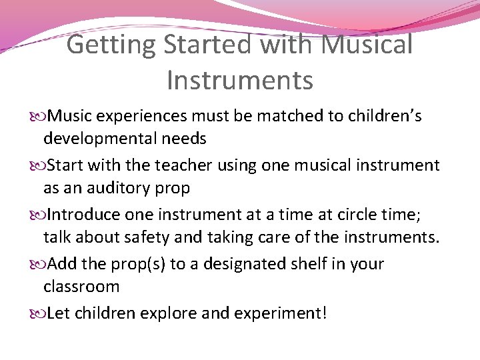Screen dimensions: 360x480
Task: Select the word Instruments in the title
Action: tap(240, 80)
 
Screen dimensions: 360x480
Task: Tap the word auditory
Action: tap(117, 188)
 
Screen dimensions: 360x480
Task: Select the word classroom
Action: tap(81, 287)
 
